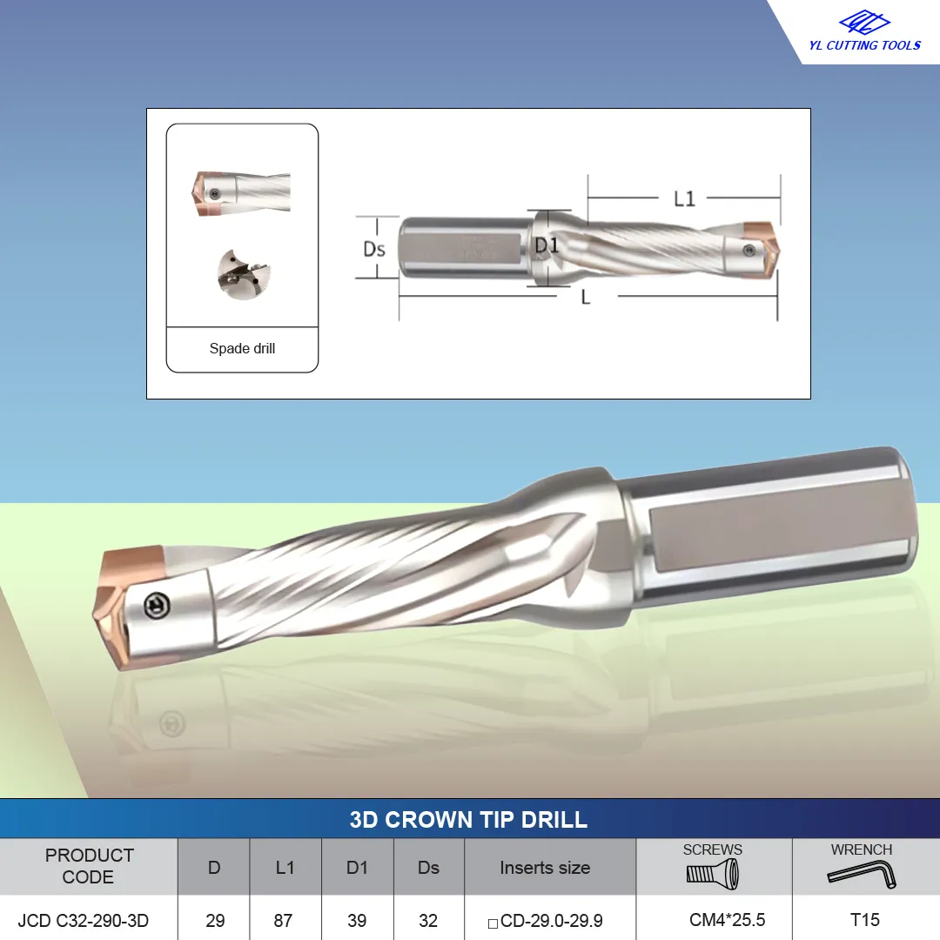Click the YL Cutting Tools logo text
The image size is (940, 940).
tap(864, 45)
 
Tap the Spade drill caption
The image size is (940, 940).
tap(242, 348)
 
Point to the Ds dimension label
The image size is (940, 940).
tap(374, 249)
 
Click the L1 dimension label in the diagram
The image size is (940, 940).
tap(684, 198)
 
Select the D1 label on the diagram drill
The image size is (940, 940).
tap(546, 245)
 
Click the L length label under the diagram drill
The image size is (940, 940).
tap(586, 297)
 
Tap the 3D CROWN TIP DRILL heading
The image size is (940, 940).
tap(468, 820)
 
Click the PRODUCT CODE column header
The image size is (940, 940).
tap(89, 866)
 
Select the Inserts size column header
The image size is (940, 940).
tap(545, 868)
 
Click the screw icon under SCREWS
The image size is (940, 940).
tap(712, 874)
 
